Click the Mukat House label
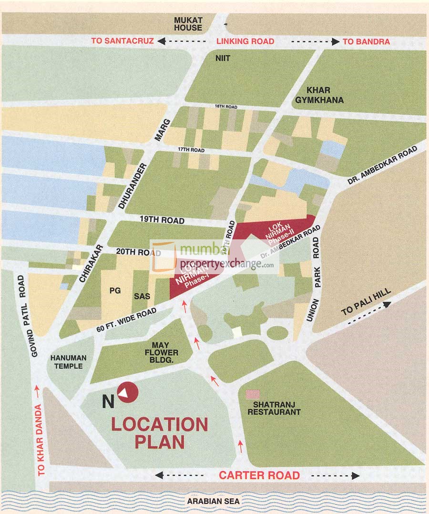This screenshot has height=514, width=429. tap(188, 24)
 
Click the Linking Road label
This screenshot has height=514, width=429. tap(245, 41)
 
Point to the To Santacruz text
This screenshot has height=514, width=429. tap(123, 41)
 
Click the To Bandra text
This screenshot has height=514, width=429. tap(366, 41)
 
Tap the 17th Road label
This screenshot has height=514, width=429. tap(191, 150)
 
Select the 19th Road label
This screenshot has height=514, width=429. tap(162, 220)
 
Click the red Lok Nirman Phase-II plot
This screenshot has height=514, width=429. tap(272, 229)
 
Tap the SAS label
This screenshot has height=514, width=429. tap(142, 296)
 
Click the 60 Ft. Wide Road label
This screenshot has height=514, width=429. tap(126, 319)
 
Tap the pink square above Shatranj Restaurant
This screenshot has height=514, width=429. tap(253, 395)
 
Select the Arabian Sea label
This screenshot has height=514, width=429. tap(213, 501)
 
